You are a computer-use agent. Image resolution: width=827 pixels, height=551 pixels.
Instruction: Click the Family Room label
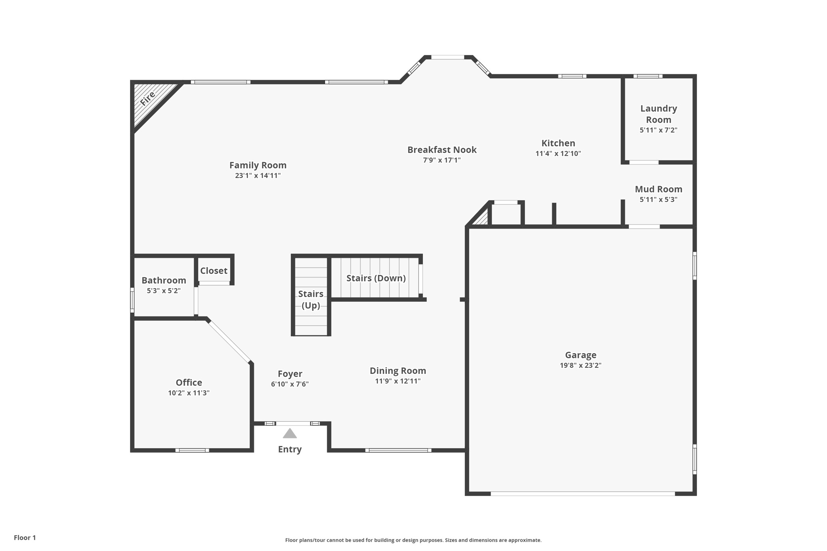coord(258,165)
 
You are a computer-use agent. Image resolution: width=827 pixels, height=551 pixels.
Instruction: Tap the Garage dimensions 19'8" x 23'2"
coord(580,365)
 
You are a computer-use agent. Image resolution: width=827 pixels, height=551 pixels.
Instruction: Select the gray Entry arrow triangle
coord(290,434)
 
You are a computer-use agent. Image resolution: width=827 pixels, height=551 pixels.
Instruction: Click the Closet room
coord(214,271)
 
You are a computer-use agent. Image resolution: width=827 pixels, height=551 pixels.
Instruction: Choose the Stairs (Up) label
coord(311,300)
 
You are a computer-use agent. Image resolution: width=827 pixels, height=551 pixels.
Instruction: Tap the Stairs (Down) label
coord(376,278)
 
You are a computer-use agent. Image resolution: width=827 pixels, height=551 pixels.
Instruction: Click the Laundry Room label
coord(658,114)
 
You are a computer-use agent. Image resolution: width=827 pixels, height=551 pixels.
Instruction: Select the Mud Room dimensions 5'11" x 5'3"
coord(658,199)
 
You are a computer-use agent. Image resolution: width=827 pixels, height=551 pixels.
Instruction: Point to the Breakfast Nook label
coord(442,150)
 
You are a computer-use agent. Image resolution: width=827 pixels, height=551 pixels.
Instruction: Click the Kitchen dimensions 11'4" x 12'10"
coord(558,153)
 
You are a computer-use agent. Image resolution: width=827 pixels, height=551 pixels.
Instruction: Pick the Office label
coord(189,382)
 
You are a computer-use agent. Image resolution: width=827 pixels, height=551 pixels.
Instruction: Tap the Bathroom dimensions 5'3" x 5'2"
coord(164,291)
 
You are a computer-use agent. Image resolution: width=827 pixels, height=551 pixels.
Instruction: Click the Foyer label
coord(290,374)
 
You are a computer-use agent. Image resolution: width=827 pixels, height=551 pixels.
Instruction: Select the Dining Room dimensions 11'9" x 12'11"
coord(398,381)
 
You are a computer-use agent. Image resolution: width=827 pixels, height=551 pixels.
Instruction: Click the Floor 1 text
coord(25,538)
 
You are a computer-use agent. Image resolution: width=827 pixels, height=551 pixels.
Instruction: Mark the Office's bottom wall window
coord(192,450)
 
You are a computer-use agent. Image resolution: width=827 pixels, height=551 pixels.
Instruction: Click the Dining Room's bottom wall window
coord(398,450)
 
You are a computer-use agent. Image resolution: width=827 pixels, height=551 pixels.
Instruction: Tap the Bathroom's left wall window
coord(132,300)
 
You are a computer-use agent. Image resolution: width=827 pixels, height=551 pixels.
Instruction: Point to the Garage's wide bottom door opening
coord(582,493)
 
